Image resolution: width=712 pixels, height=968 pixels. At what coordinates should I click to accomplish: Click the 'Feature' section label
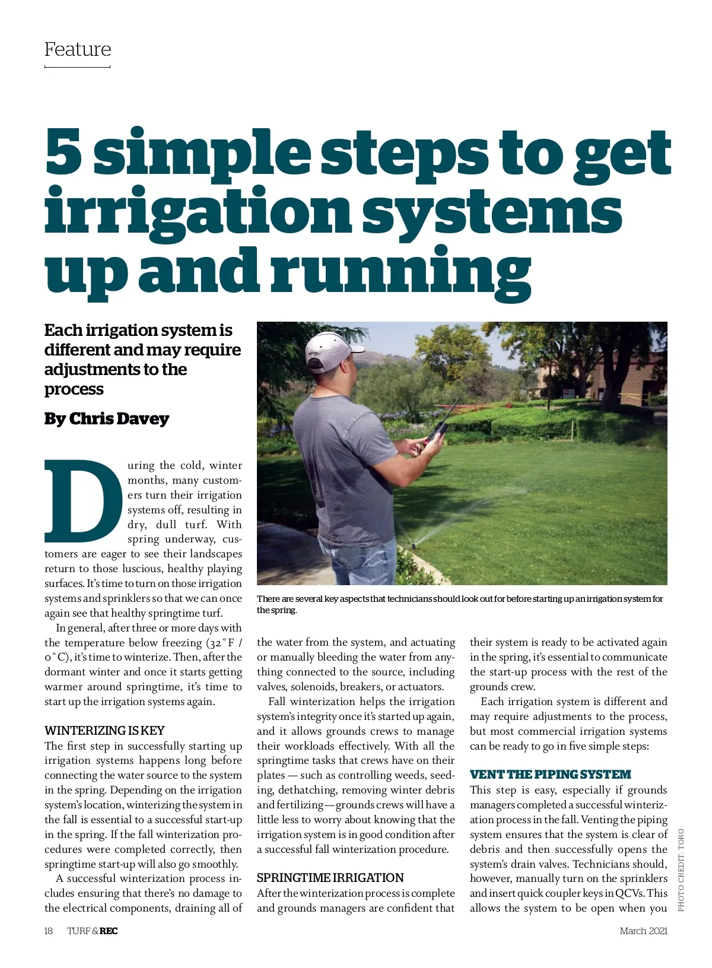(x=78, y=49)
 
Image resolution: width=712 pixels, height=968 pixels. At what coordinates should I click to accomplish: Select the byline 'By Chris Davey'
(x=107, y=419)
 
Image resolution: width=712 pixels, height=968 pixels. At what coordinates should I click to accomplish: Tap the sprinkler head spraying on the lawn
(x=412, y=542)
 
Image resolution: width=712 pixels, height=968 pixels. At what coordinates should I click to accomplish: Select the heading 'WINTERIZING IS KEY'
(x=104, y=731)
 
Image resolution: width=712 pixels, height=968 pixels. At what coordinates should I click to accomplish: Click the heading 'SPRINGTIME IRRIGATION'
(x=330, y=878)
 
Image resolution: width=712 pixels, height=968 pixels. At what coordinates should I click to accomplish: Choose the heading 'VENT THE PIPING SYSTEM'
(x=550, y=775)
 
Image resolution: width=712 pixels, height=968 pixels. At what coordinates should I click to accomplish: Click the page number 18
(x=49, y=931)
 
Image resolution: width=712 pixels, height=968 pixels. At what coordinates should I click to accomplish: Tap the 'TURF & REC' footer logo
(x=92, y=931)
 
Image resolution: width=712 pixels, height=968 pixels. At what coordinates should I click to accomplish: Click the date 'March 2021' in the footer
(x=643, y=931)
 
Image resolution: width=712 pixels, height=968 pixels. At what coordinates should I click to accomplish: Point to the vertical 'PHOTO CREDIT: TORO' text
(x=681, y=869)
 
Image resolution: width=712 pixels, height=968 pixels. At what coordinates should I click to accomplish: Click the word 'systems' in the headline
(x=492, y=212)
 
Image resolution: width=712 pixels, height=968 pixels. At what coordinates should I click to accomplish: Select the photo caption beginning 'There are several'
(x=460, y=604)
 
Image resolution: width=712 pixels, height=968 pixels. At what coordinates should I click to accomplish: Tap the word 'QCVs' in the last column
(x=629, y=893)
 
